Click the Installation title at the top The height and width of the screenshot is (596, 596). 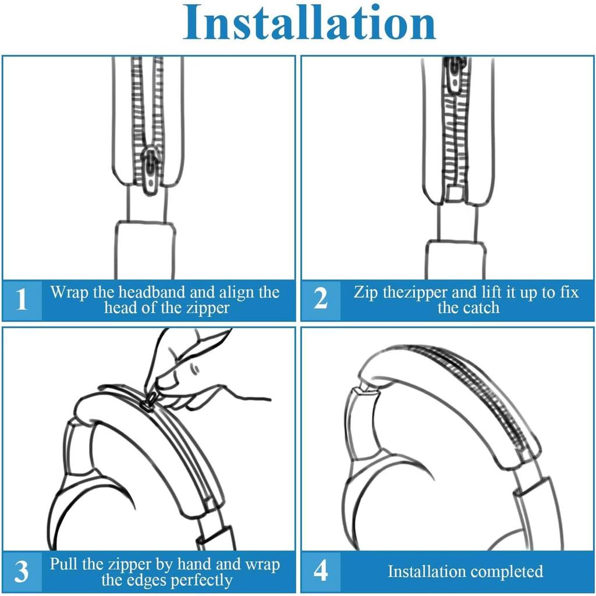point(310,23)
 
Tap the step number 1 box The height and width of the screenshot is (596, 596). point(22,300)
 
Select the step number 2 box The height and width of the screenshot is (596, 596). point(321,300)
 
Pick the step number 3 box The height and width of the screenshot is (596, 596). point(22,572)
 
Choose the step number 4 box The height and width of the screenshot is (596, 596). point(321,572)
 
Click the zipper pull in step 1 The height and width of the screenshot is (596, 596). point(151,171)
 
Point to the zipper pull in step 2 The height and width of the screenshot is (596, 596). point(455,76)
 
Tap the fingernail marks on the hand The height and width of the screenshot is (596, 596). point(194,368)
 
